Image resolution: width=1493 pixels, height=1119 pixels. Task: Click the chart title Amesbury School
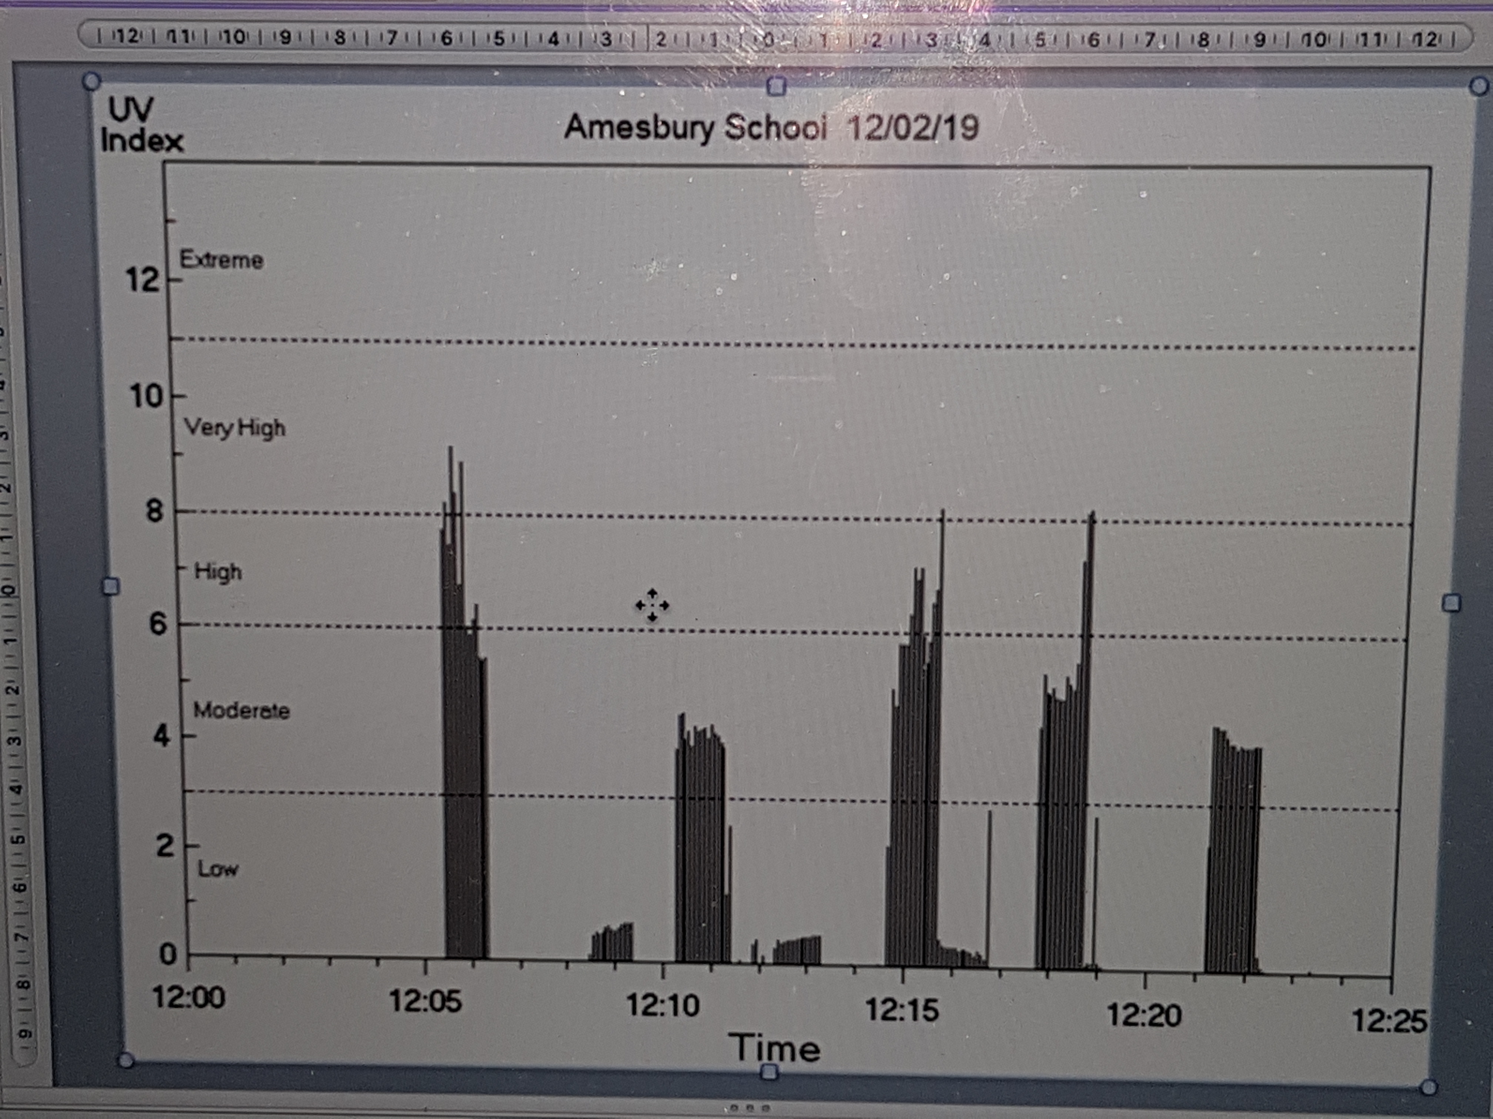click(695, 127)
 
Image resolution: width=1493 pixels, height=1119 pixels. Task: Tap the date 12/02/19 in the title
click(912, 128)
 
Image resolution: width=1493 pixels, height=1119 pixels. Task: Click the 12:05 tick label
click(425, 1001)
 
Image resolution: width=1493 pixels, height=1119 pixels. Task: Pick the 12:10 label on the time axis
click(663, 1005)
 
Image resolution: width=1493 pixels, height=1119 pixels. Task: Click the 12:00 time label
click(188, 996)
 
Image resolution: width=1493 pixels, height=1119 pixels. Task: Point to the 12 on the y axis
click(143, 279)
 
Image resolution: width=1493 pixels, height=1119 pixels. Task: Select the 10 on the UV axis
click(147, 396)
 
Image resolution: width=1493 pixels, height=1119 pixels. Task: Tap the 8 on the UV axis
click(154, 511)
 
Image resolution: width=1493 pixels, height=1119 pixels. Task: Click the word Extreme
click(221, 260)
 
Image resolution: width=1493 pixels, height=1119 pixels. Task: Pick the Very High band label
click(235, 428)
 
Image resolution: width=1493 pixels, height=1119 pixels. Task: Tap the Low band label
click(217, 869)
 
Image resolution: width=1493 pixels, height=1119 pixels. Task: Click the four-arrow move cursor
click(652, 605)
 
